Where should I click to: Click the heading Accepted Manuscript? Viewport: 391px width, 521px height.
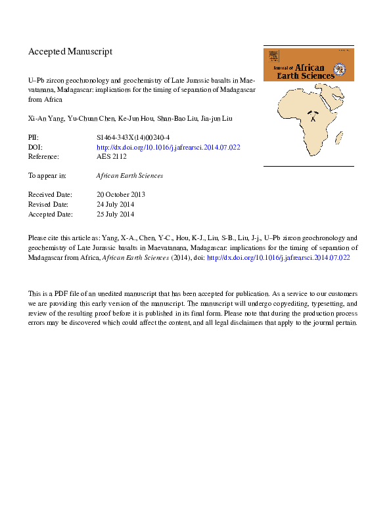click(70, 51)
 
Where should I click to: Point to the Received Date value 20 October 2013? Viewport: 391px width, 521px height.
click(120, 195)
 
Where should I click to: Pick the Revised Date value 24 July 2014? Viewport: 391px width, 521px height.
click(115, 205)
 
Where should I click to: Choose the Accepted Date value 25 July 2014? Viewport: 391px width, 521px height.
click(115, 214)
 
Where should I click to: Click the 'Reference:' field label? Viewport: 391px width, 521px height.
click(44, 157)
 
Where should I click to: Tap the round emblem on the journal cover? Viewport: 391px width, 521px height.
click(340, 69)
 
